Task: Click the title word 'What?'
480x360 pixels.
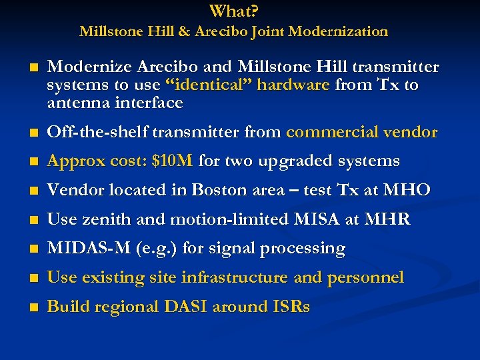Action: point(234,11)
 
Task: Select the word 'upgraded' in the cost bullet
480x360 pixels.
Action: point(289,161)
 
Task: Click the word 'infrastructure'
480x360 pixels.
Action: point(236,277)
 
